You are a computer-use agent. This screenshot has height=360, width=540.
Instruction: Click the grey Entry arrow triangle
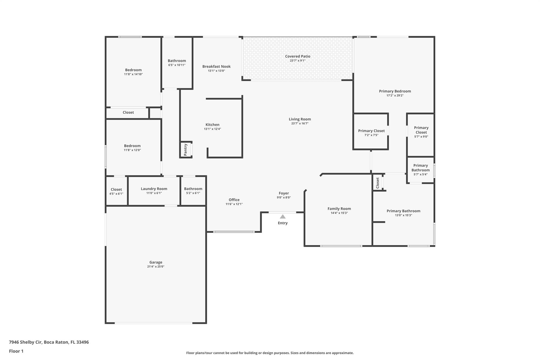coord(283,217)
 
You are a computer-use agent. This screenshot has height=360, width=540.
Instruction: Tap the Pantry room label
coord(186,150)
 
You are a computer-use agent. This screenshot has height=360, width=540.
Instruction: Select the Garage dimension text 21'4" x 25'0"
coord(156,267)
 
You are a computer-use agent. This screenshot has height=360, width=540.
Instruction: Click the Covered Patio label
coord(297,56)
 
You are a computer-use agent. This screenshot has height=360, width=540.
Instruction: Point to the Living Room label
coord(300,119)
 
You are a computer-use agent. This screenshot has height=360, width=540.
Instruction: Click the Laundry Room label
coord(154,189)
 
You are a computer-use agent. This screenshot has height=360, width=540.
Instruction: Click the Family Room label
coord(339,209)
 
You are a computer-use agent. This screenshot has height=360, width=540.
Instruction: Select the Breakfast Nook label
coord(216,66)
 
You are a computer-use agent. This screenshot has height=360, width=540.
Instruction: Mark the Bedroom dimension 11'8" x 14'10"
coord(133,74)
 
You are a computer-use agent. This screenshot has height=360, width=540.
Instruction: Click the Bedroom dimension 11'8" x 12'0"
coord(132,150)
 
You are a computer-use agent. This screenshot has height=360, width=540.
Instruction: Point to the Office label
coord(234,200)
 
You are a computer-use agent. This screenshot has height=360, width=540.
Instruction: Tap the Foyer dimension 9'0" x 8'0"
coord(284,198)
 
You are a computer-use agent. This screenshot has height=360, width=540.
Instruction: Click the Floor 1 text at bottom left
coord(16,351)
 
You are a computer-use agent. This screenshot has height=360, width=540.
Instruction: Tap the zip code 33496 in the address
coord(83,342)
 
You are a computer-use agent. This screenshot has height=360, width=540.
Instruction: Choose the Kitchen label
coord(213,125)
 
